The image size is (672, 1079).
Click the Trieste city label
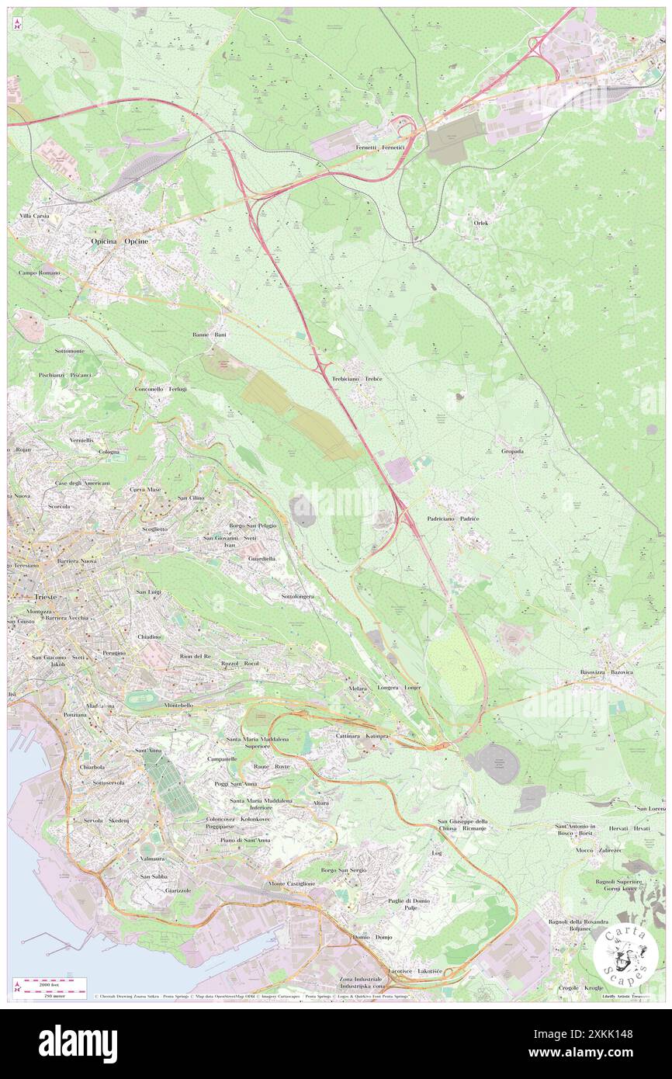34,597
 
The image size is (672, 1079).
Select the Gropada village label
513,451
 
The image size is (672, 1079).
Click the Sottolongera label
297,596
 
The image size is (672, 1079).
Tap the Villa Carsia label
35,215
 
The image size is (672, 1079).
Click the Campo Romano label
40,273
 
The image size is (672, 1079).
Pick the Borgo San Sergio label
343,870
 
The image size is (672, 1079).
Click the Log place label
436,852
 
